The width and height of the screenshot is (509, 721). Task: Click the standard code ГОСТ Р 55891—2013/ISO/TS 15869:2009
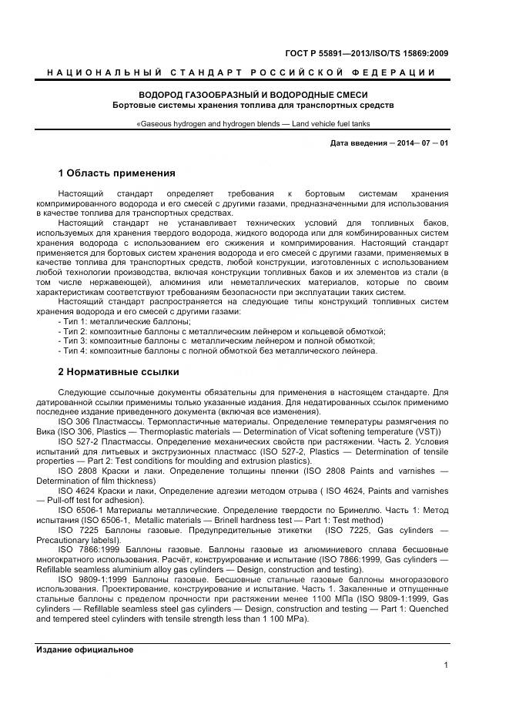[x=367, y=53]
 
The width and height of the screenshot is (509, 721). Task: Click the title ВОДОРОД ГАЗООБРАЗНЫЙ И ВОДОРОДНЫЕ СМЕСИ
[x=253, y=94]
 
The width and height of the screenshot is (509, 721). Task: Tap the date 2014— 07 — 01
[x=417, y=143]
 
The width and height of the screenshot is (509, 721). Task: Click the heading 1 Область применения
[x=117, y=173]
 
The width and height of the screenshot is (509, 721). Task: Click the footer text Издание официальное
[x=85, y=649]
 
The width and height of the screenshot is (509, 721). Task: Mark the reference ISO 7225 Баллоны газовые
[x=116, y=531]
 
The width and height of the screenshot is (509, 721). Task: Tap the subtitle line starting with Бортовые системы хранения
[x=253, y=105]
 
